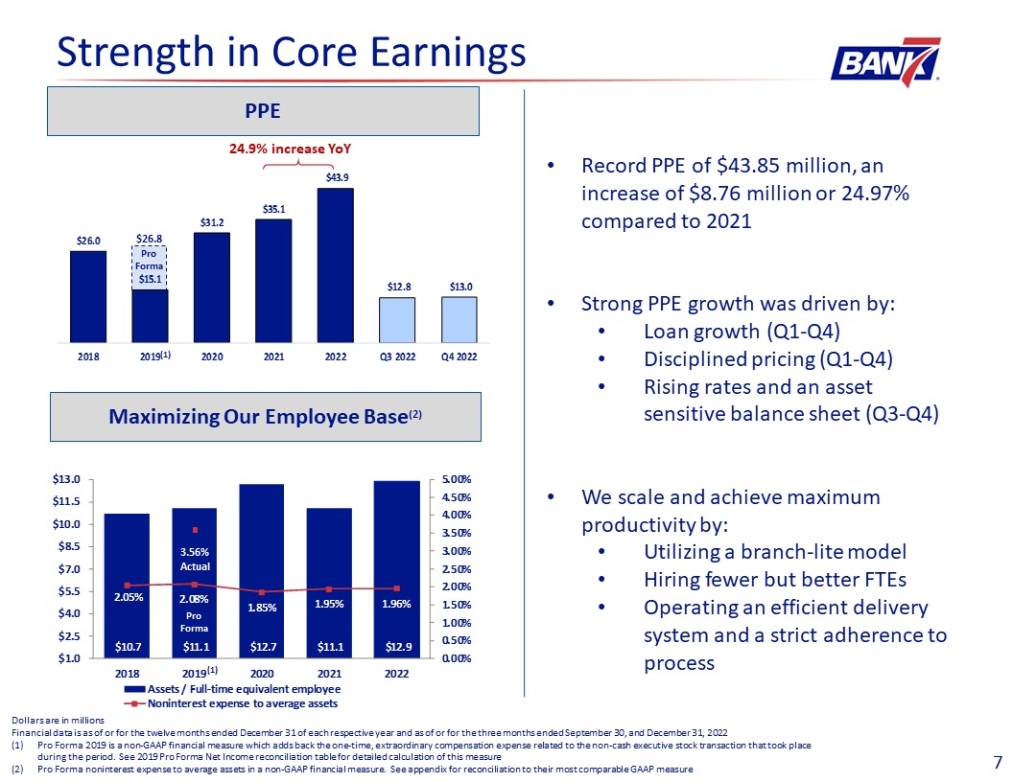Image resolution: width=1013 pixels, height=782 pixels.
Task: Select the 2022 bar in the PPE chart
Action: point(335,264)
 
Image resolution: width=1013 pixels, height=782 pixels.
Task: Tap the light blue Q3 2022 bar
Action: point(397,319)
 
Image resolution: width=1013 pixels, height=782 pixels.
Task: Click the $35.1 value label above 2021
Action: point(273,208)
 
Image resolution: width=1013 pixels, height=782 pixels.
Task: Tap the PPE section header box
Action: point(263,111)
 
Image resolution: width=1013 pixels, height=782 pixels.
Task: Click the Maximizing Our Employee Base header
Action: point(263,417)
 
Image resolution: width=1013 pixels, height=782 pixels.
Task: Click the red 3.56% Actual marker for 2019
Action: point(195,530)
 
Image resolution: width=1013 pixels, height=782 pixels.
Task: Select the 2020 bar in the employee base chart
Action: point(262,570)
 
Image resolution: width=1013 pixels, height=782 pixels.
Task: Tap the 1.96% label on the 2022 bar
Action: point(396,604)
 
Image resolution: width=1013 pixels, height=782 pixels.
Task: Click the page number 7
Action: point(998,763)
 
